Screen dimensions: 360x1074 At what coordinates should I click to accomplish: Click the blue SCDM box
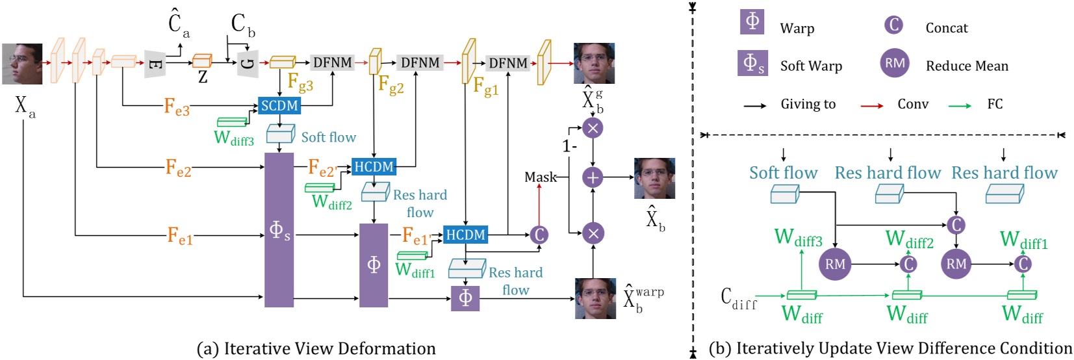pyautogui.click(x=279, y=105)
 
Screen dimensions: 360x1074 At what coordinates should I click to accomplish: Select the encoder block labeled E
pyautogui.click(x=155, y=64)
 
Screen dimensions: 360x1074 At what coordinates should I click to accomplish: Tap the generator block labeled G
pyautogui.click(x=248, y=64)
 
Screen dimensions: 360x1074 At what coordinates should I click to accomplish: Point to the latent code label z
pyautogui.click(x=203, y=77)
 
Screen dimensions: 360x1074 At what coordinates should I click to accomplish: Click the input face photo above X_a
pyautogui.click(x=22, y=64)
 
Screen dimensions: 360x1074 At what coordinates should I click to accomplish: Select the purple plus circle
pyautogui.click(x=593, y=177)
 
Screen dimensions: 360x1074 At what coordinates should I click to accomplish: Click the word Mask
pyautogui.click(x=541, y=177)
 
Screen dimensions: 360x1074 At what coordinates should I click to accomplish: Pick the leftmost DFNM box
pyautogui.click(x=333, y=63)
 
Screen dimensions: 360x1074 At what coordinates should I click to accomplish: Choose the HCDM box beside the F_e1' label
pyautogui.click(x=465, y=235)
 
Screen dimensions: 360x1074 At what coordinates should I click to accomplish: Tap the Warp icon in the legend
pyautogui.click(x=752, y=21)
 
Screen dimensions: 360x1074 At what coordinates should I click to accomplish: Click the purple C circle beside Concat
pyautogui.click(x=894, y=25)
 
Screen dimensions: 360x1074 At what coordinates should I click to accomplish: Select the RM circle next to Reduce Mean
pyautogui.click(x=895, y=63)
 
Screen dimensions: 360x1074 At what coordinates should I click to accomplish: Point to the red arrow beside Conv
pyautogui.click(x=871, y=105)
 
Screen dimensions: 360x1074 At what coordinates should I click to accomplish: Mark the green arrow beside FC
pyautogui.click(x=960, y=105)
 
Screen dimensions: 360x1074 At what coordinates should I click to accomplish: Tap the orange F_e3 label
pyautogui.click(x=177, y=107)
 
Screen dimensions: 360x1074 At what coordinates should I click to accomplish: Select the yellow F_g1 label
pyautogui.click(x=486, y=86)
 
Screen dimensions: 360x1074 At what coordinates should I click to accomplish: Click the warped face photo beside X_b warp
pyautogui.click(x=595, y=298)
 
